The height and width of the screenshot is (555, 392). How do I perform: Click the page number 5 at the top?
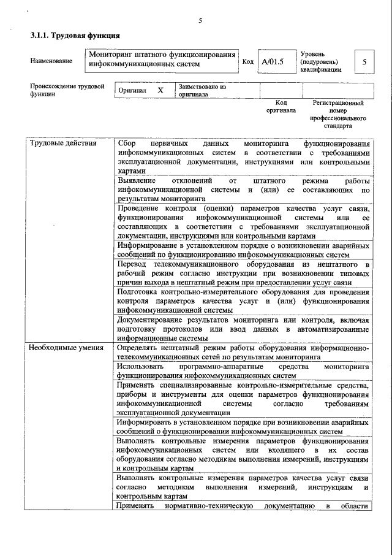click(x=200, y=21)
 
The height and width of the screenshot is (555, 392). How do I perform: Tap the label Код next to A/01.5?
click(x=247, y=62)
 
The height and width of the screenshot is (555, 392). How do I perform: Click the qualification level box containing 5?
click(x=364, y=62)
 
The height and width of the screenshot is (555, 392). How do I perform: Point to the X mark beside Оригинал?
click(x=160, y=90)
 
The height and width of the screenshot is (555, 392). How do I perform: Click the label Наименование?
click(x=51, y=61)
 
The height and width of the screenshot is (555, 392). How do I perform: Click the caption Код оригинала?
click(x=281, y=107)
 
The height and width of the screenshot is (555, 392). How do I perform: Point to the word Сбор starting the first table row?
click(x=127, y=144)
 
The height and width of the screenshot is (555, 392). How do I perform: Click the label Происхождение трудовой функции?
click(x=67, y=90)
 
